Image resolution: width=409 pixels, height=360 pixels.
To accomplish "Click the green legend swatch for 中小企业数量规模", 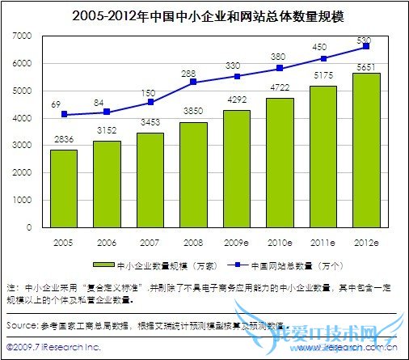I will (103, 264).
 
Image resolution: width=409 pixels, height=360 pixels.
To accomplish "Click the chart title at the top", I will (204, 15).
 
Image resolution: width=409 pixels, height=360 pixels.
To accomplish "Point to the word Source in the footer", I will (20, 324).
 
